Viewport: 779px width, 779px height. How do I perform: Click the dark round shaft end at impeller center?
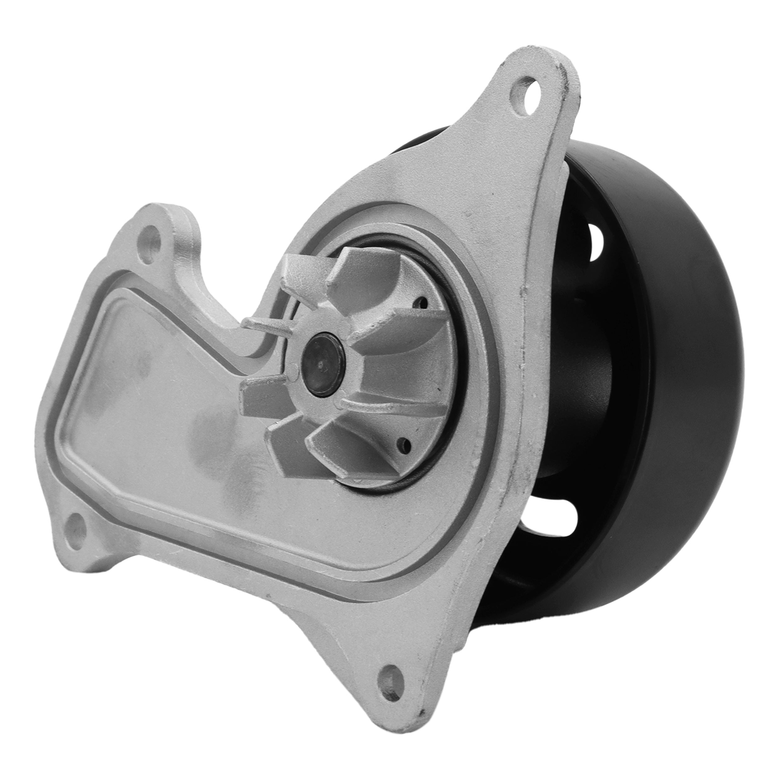(324, 365)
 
